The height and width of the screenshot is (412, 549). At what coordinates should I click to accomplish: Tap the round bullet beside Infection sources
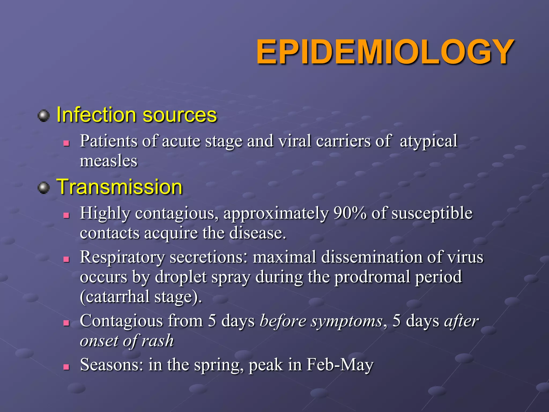44,116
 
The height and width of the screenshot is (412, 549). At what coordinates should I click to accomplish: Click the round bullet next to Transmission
44,188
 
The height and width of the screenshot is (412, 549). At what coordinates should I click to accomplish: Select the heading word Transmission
120,187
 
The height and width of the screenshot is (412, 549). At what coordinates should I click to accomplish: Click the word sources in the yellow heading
180,115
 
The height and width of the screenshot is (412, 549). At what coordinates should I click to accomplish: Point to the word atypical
428,141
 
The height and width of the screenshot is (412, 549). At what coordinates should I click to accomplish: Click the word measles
109,161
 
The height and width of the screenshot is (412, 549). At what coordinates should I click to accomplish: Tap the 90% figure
350,213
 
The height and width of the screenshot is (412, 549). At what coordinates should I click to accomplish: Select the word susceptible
432,214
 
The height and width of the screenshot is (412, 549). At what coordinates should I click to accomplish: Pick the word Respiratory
122,257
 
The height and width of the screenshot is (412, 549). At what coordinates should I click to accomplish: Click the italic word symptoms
347,321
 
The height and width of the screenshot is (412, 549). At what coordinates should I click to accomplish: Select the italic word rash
158,341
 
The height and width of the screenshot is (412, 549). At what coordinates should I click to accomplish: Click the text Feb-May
340,365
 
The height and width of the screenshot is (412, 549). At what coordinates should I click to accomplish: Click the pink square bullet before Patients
66,144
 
